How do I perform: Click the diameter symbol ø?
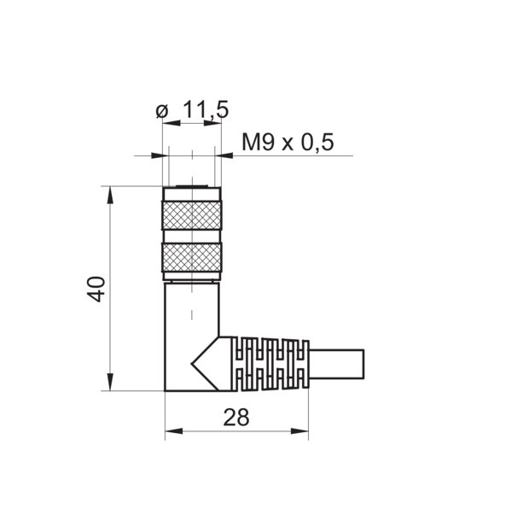tap(161, 111)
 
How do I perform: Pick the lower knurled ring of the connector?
tap(191, 256)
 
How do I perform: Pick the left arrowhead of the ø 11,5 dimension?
tap(167, 125)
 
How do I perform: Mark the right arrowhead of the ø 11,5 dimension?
tap(215, 125)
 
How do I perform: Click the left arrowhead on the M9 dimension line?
tap(157, 155)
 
